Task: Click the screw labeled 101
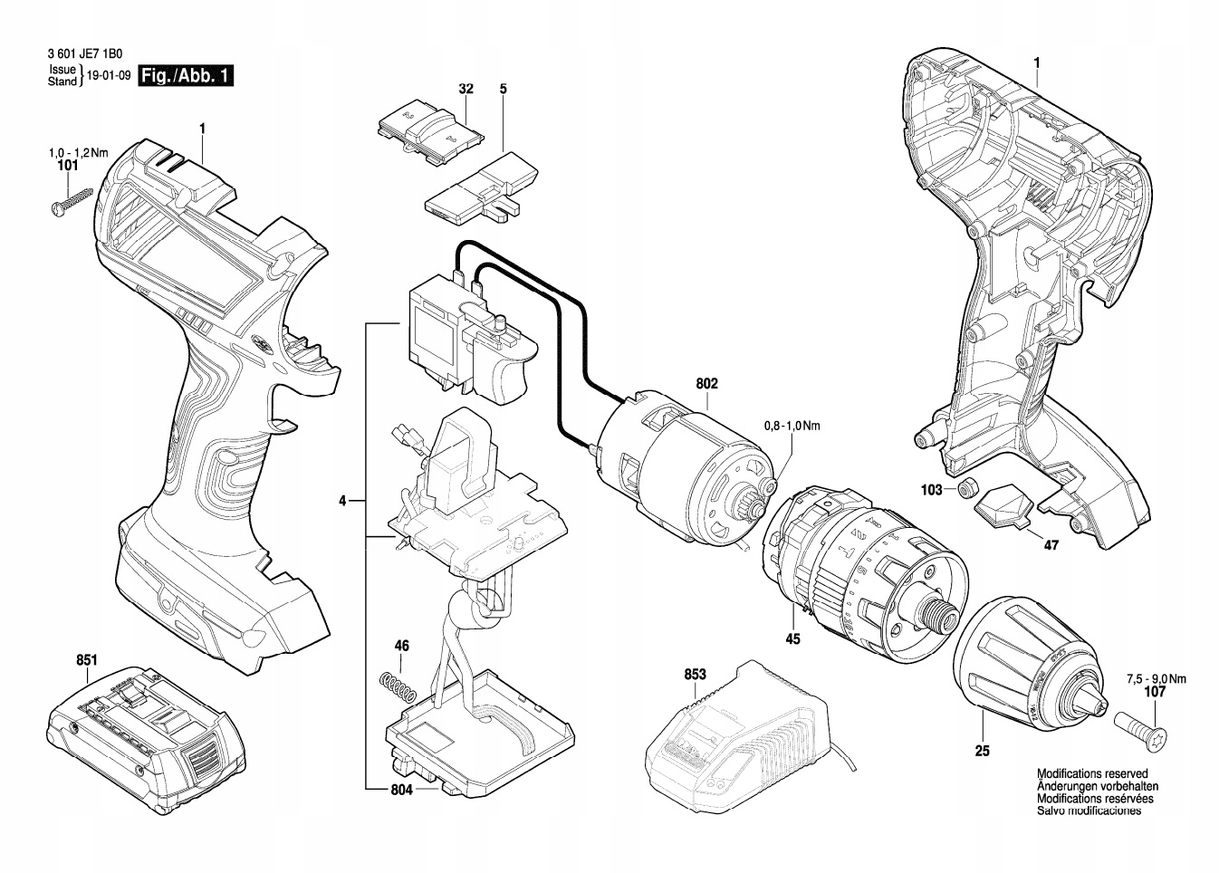tap(73, 200)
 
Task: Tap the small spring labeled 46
tap(398, 685)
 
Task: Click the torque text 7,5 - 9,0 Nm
tap(1156, 678)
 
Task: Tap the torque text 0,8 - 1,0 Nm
tap(792, 425)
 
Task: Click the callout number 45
tap(792, 639)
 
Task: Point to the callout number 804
tap(402, 790)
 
